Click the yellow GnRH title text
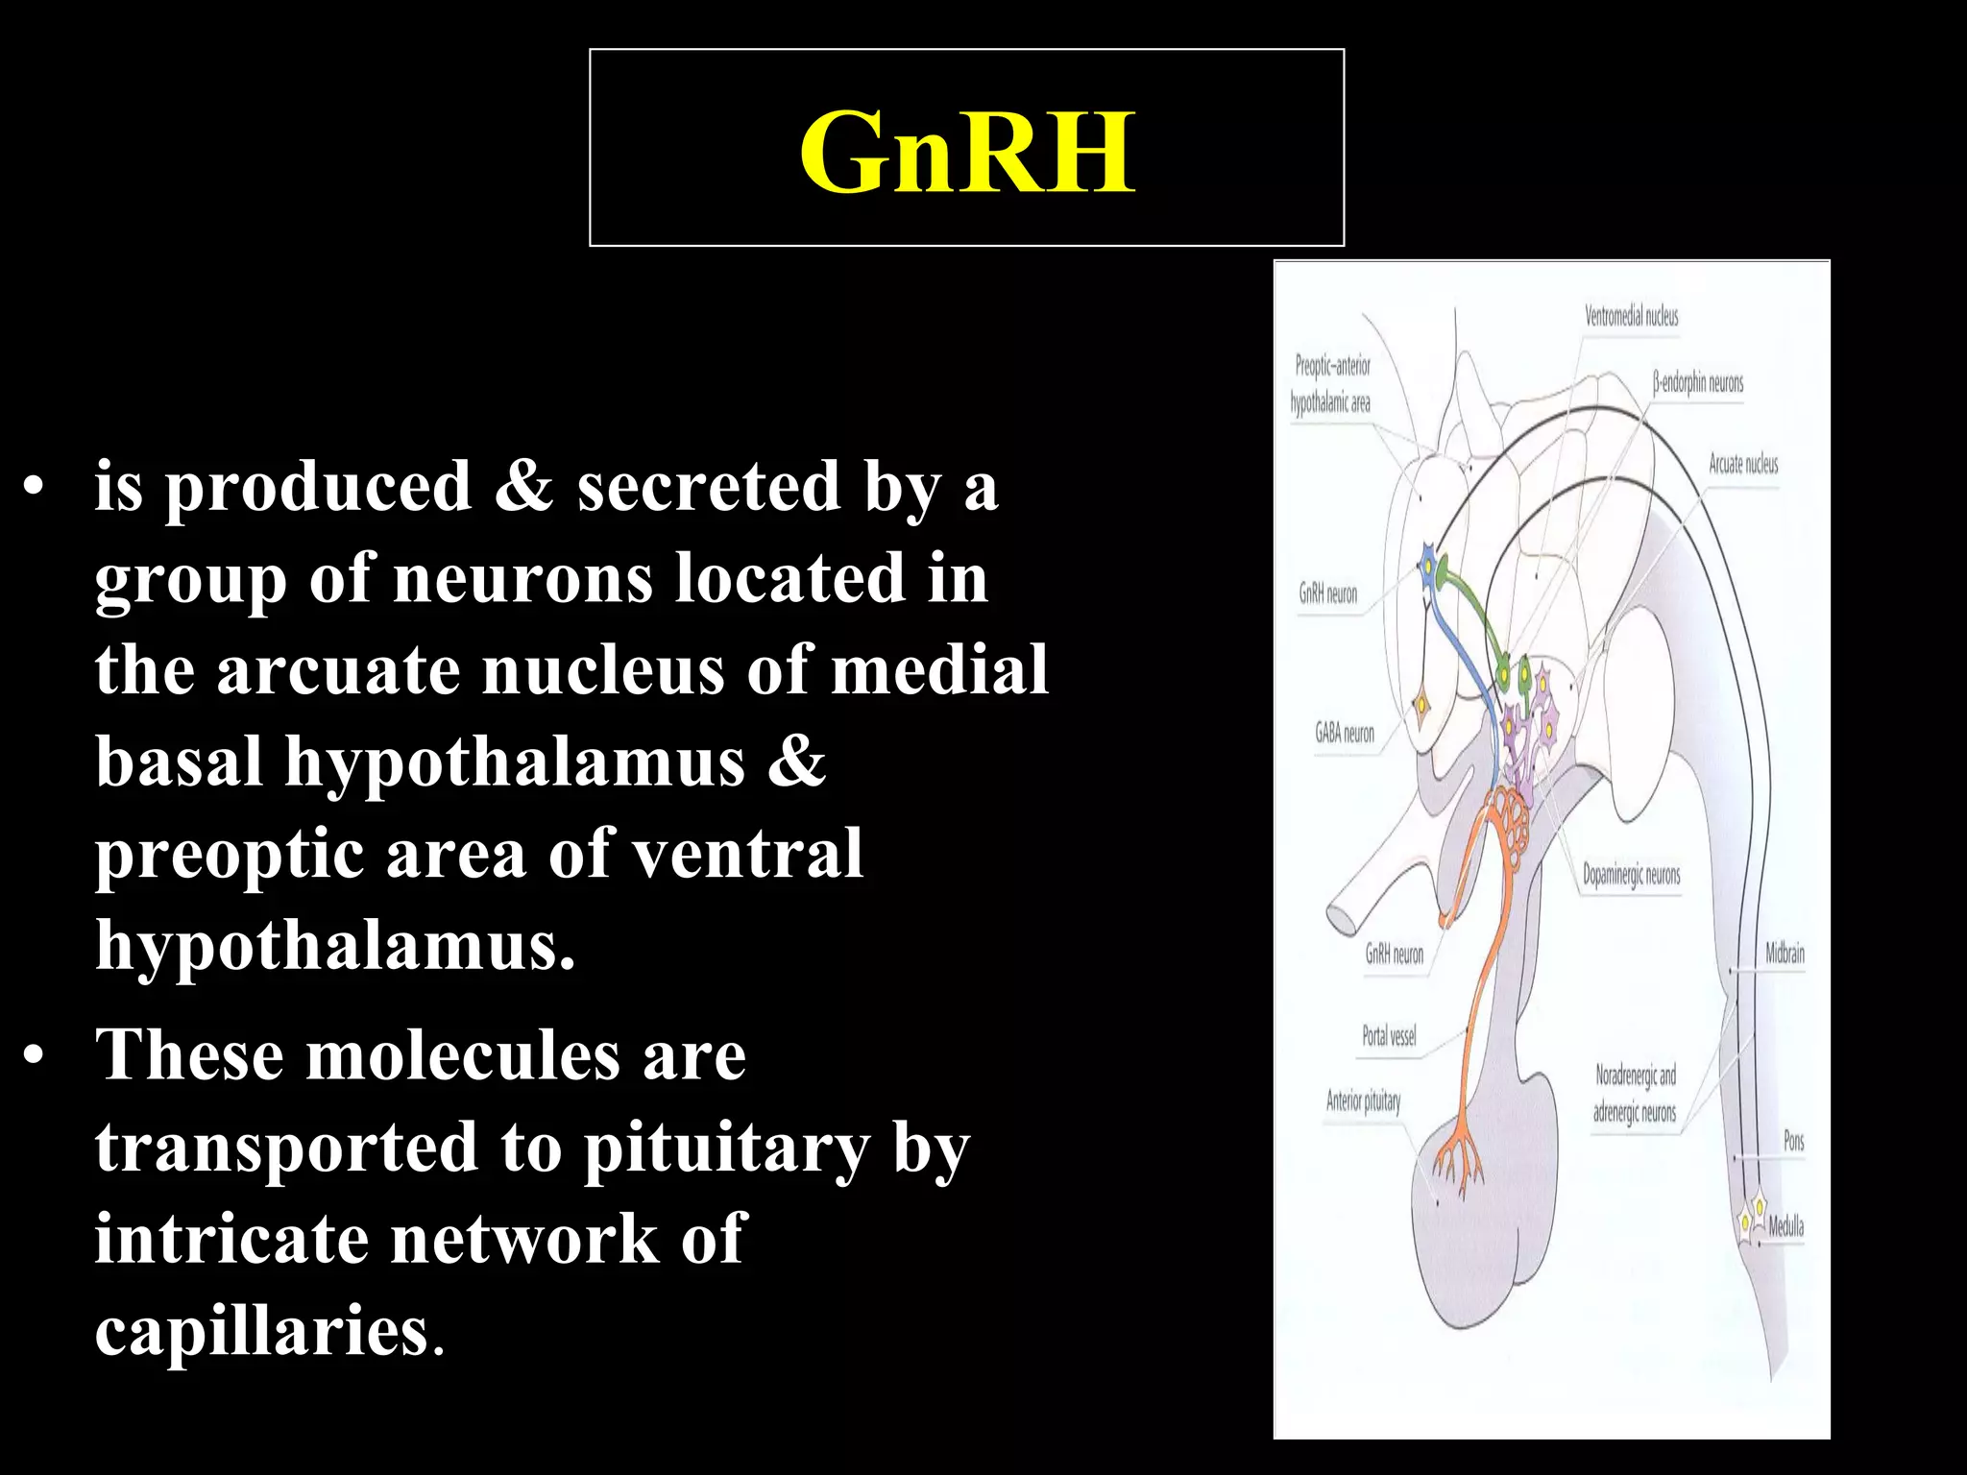(x=966, y=152)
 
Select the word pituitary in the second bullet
(x=726, y=1148)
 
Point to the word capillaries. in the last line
(x=269, y=1331)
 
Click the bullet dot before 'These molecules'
(x=35, y=1057)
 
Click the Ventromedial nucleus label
(x=1631, y=316)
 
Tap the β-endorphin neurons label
(x=1697, y=383)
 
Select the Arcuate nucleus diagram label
(x=1742, y=465)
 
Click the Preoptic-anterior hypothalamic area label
(x=1331, y=384)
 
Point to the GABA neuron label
(x=1344, y=734)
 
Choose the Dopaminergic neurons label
(x=1631, y=875)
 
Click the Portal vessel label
(x=1389, y=1036)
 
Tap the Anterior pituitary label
(x=1363, y=1101)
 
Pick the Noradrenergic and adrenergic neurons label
(x=1635, y=1094)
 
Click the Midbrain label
(x=1785, y=954)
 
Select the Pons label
(x=1793, y=1141)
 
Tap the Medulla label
(x=1785, y=1226)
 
